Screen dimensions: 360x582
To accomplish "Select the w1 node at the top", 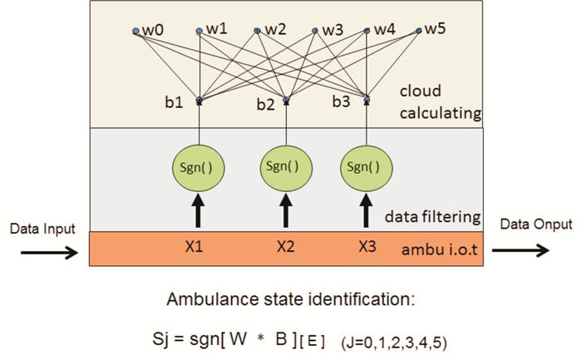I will (215, 29).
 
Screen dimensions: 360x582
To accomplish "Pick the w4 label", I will (383, 29).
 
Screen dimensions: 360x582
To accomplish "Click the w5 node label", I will (435, 29).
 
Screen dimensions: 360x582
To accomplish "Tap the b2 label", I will (265, 105).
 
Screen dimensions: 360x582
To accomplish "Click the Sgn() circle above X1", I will (199, 165).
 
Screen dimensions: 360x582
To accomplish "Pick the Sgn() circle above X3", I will (366, 165).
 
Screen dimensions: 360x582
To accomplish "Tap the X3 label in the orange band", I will (367, 248).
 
